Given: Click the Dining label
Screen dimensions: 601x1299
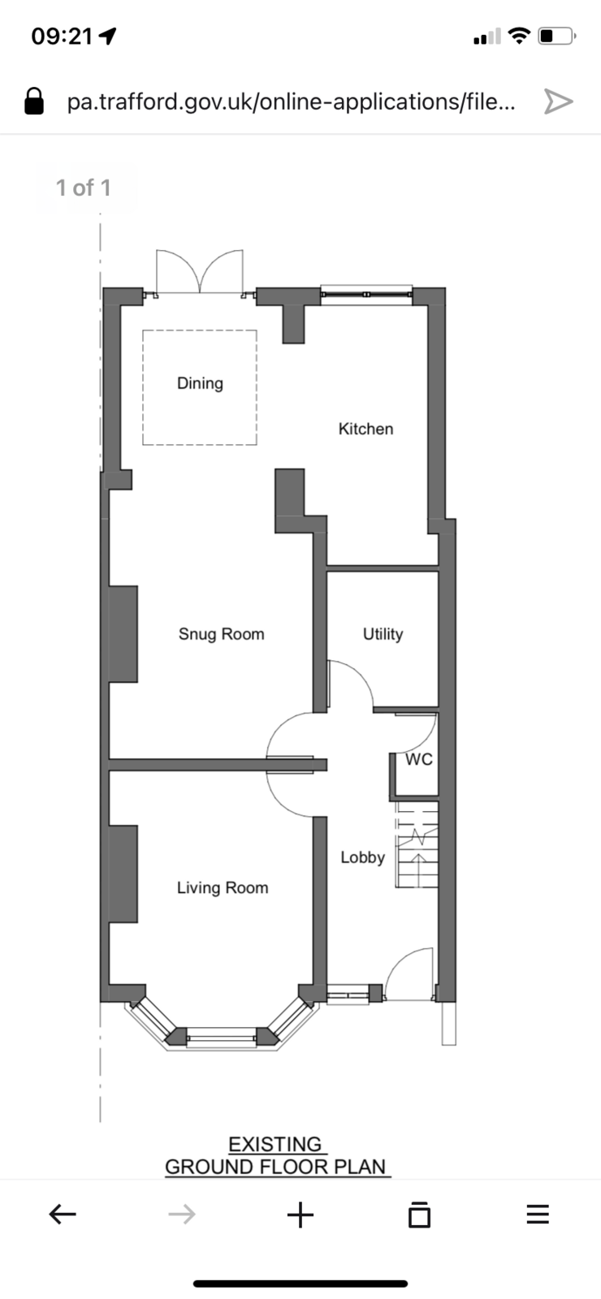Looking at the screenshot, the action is pos(200,383).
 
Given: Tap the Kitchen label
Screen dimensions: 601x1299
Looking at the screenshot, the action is pos(366,429).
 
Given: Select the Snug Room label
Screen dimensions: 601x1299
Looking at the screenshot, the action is pos(222,634).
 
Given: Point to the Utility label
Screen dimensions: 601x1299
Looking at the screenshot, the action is pos(383,634).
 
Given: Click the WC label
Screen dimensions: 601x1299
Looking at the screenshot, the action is pos(419,759).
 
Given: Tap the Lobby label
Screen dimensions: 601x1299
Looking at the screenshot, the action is pos(362,857).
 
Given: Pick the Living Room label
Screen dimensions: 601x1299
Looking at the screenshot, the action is pos(223,888).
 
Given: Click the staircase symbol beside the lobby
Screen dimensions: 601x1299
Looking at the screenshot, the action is pos(417,844).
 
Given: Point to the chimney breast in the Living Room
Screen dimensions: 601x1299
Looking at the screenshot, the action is pos(123,874).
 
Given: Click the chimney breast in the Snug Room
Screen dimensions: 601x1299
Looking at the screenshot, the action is pos(123,634).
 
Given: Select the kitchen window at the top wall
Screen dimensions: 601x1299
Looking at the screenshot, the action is pos(366,294).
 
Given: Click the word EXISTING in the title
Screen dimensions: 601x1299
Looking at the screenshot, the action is pos(275,1144).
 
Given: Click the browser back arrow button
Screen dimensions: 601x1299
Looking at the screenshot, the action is pos(63,1214).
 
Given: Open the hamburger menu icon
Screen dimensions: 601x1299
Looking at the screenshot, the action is pos(538,1214).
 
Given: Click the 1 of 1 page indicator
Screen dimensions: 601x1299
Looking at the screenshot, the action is pos(83,188).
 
